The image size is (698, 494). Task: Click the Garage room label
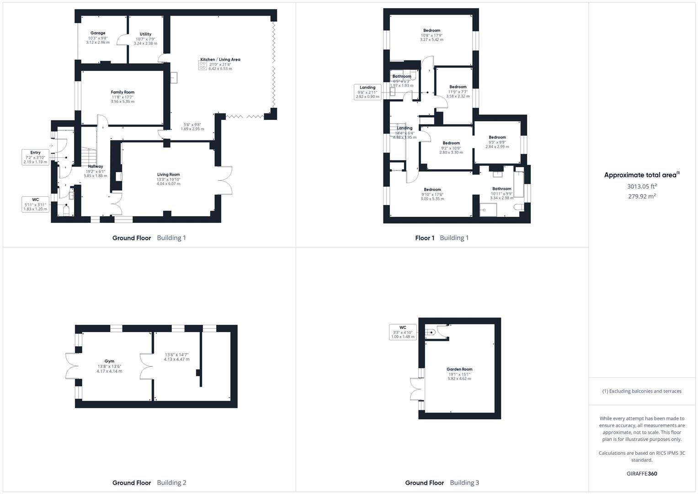coord(98,33)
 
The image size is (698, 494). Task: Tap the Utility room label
coord(145,34)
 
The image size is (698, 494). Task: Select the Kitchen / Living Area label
coord(220,59)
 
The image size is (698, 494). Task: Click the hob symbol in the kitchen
coord(202,65)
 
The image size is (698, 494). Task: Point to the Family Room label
coord(123,92)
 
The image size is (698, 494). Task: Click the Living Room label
coord(168,175)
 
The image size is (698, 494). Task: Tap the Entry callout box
coord(36,157)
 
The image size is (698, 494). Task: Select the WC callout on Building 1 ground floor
coord(36,204)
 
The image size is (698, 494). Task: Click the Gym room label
coord(109,361)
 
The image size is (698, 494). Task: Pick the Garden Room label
coord(459,370)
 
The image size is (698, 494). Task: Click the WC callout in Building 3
coord(402,332)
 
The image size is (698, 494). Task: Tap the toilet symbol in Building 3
coord(430,333)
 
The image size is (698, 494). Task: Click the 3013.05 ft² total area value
coord(642,186)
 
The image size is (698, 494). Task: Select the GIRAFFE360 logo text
coord(642,473)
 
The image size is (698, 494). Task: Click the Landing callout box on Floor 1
coord(368,92)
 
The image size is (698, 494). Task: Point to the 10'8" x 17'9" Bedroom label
coord(432,31)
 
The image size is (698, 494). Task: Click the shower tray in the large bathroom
coord(488,209)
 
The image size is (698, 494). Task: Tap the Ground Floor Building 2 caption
coord(149,483)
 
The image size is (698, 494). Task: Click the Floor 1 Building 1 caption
coord(442,238)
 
